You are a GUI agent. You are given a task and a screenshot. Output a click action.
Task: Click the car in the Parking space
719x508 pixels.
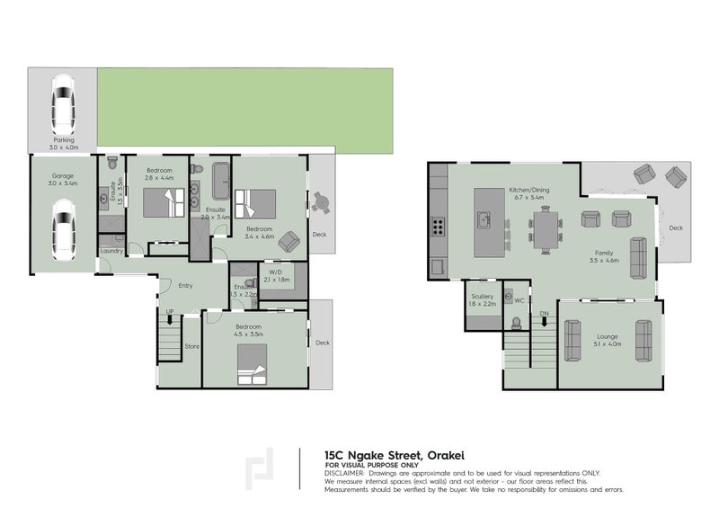[x=62, y=102]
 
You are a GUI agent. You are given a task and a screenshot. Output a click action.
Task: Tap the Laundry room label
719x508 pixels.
[x=111, y=251]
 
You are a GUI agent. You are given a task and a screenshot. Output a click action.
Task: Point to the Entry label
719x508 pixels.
[x=185, y=286]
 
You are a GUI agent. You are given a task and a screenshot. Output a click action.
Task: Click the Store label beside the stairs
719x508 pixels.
[x=191, y=345]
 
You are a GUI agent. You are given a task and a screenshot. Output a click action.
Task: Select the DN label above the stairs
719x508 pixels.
[x=544, y=313]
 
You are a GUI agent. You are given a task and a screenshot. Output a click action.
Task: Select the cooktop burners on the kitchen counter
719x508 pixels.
[x=438, y=225]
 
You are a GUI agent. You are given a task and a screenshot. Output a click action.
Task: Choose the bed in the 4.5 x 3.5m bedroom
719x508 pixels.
[x=250, y=364]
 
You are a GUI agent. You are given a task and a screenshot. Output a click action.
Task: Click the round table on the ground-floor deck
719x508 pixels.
[x=320, y=203]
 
